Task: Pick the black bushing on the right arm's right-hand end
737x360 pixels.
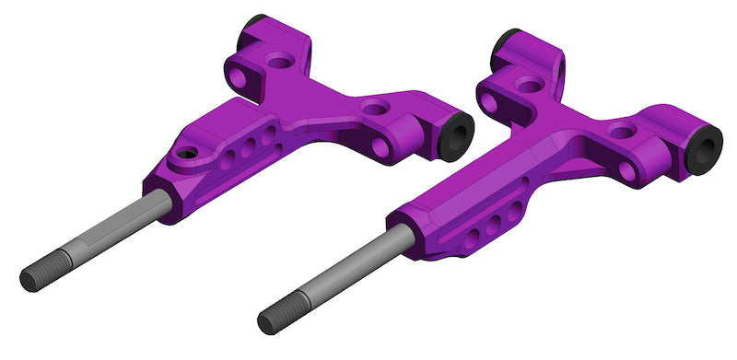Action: [706, 150]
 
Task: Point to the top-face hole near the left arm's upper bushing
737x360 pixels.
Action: [280, 63]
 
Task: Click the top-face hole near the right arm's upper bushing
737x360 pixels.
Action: [529, 84]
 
